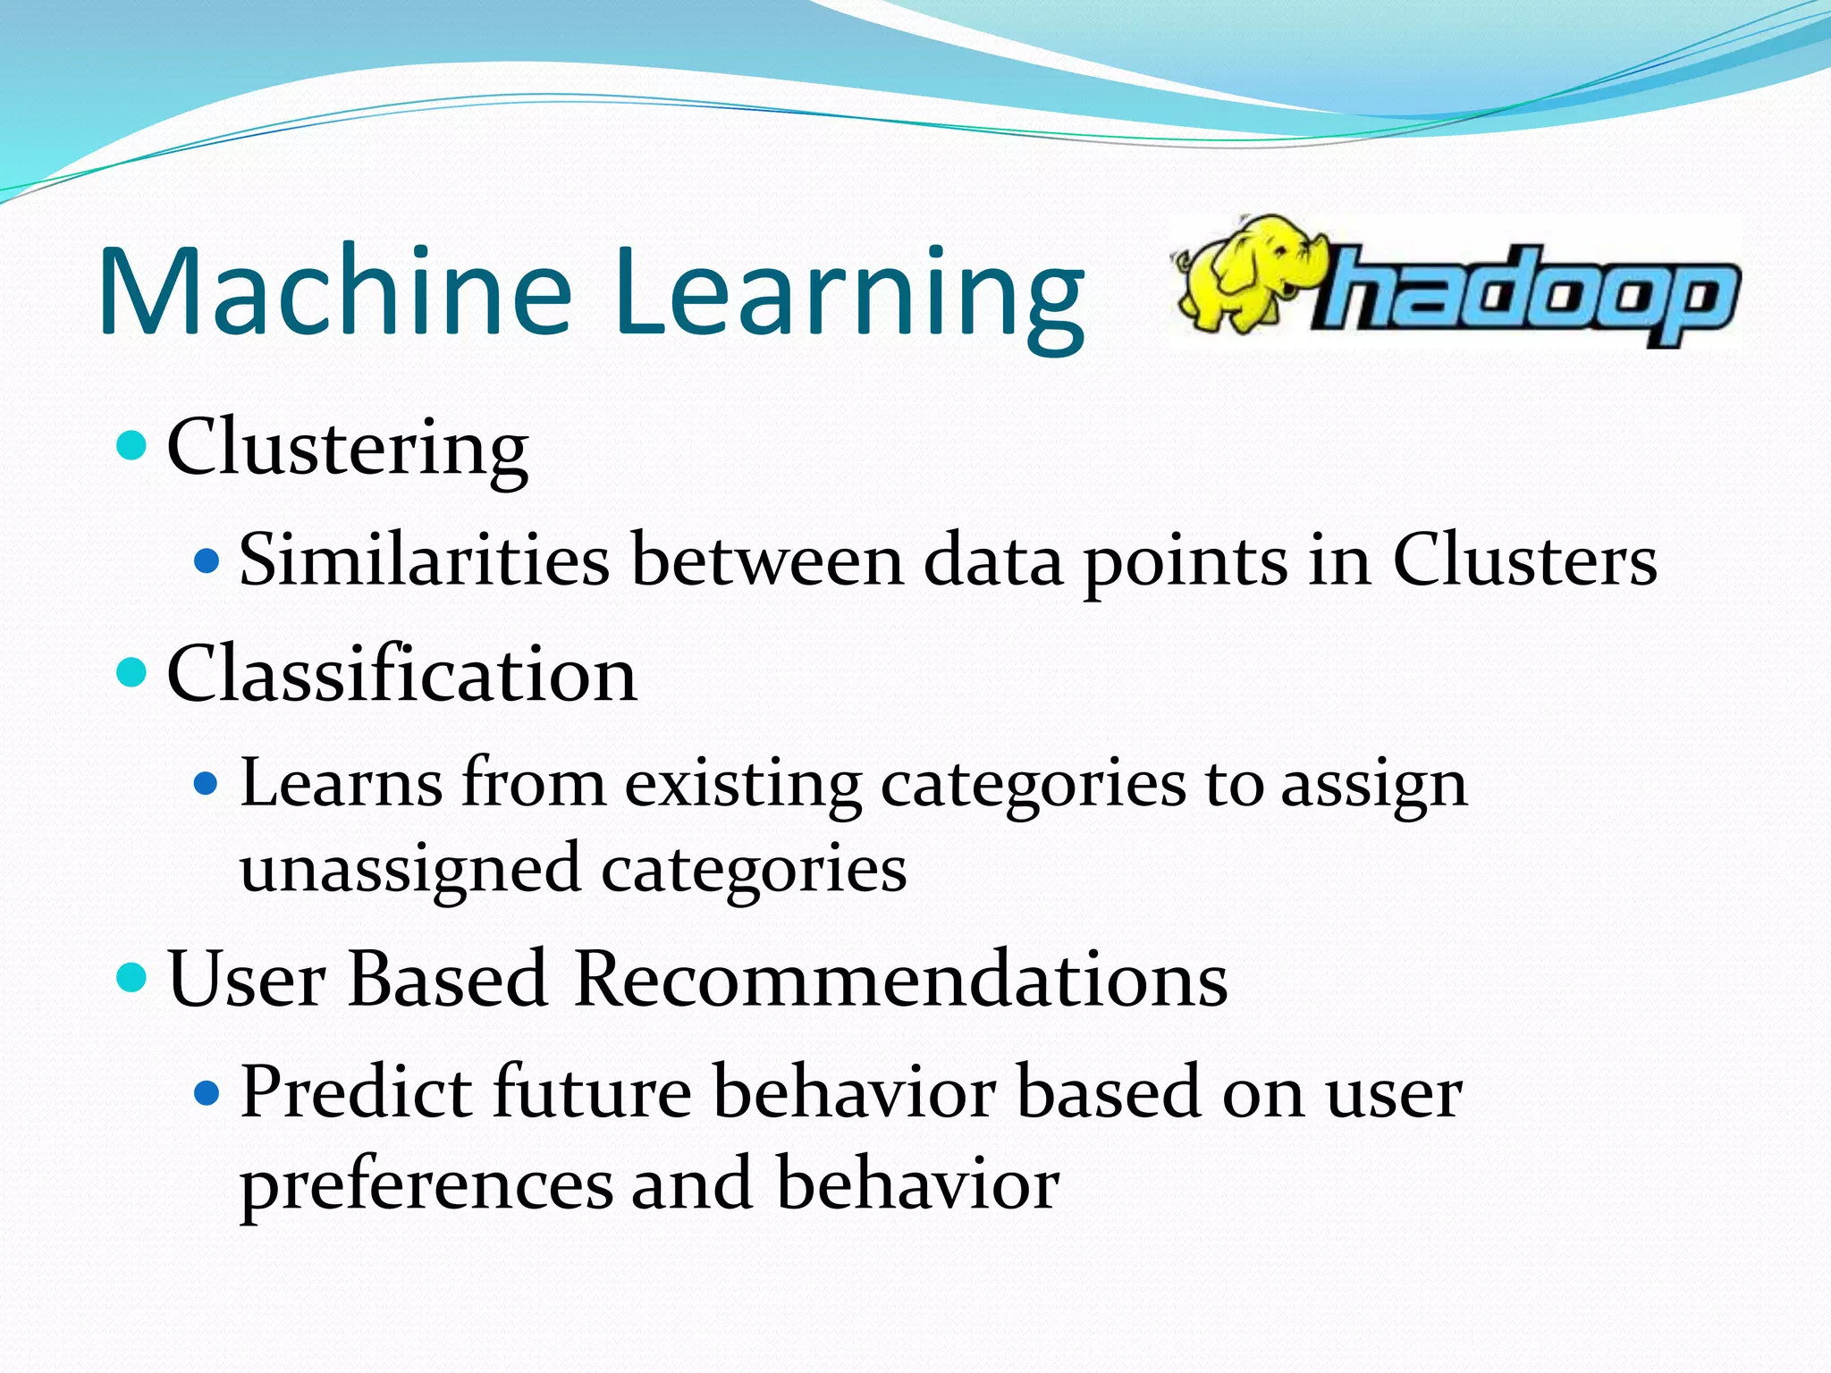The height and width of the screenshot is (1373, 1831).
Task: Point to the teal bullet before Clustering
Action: (x=131, y=444)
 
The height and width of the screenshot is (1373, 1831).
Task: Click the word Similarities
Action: (x=424, y=560)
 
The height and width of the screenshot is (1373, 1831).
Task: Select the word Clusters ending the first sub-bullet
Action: (x=1523, y=560)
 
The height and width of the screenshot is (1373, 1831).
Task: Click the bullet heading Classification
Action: (x=401, y=674)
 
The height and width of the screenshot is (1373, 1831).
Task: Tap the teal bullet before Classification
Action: (x=131, y=672)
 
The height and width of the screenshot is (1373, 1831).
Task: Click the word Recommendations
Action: (x=900, y=979)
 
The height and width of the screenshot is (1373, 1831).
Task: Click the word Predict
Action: (x=356, y=1091)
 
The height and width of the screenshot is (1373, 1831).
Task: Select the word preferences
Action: (x=426, y=1185)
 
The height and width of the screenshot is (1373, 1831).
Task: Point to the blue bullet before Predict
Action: (x=207, y=1092)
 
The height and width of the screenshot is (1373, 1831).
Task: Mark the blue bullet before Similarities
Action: (x=207, y=561)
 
